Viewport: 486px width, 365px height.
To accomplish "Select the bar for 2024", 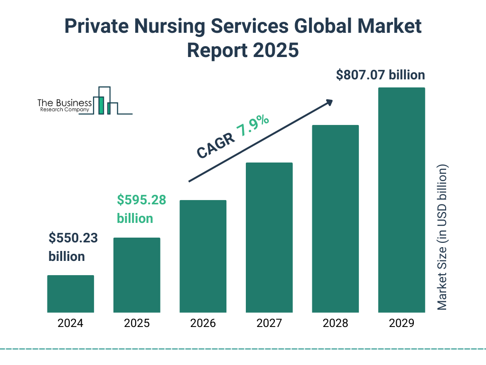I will tap(70, 294).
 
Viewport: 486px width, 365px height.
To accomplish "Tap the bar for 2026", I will tap(203, 256).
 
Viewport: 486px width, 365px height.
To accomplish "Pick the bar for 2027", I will tap(269, 237).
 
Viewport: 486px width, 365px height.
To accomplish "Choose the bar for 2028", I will tap(335, 219).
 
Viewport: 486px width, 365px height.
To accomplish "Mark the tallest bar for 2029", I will tap(402, 200).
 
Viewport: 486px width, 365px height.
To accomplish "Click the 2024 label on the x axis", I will tap(70, 324).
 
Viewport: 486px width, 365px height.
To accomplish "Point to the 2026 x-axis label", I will tap(203, 324).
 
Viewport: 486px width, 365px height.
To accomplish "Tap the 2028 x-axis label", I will tap(335, 324).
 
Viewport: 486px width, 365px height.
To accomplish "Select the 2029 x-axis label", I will tap(402, 324).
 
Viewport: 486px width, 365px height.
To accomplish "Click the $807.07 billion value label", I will tap(380, 75).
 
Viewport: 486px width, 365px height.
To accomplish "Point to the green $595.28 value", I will tap(141, 200).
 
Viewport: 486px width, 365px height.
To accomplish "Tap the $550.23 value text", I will tap(73, 238).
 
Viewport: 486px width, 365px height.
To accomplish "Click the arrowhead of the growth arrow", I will tap(329, 102).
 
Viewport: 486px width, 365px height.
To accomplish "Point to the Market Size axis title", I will tap(442, 238).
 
